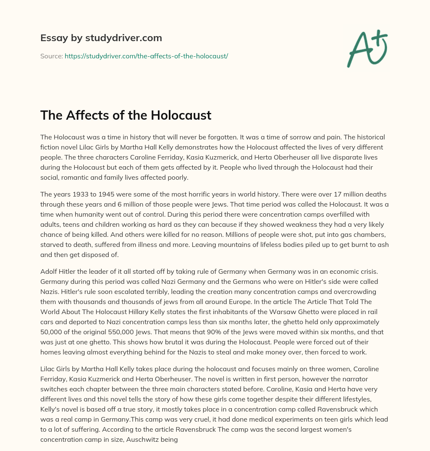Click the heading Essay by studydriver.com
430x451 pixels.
point(101,38)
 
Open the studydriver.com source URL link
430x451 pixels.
point(146,56)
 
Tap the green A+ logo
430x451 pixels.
point(367,48)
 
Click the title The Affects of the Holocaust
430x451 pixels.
point(126,115)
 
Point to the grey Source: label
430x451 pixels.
point(51,56)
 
